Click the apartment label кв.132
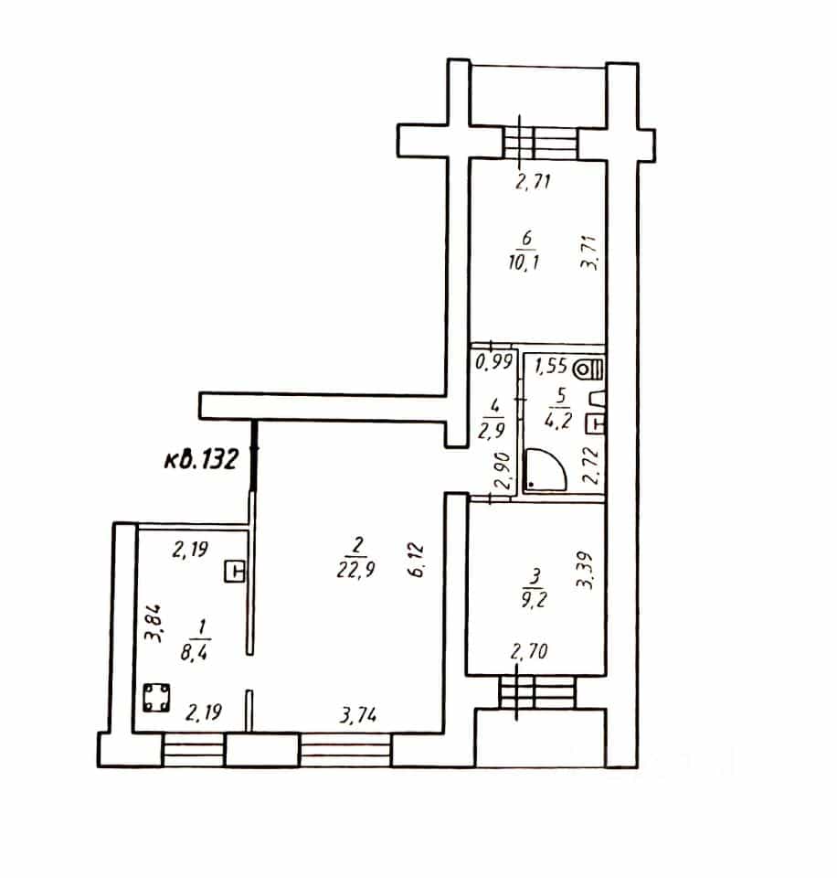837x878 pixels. (201, 460)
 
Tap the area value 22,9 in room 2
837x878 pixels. (355, 570)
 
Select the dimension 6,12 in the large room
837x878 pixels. (418, 560)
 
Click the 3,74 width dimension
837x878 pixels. (358, 715)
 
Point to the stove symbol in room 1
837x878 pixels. (156, 698)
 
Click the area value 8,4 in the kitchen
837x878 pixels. (194, 652)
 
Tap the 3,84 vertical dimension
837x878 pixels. (153, 622)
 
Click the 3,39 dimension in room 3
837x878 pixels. (585, 571)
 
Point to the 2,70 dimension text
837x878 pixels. (529, 651)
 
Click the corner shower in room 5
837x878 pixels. (545, 469)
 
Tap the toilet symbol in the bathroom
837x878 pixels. (589, 369)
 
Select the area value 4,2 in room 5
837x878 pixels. (557, 420)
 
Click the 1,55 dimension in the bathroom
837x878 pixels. (551, 366)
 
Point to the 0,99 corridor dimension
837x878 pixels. (494, 362)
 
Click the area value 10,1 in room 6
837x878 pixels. (524, 262)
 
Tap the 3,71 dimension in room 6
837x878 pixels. (589, 253)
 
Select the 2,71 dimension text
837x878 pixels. (533, 181)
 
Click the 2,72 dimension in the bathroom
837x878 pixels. (590, 466)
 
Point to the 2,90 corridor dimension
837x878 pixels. (502, 471)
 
